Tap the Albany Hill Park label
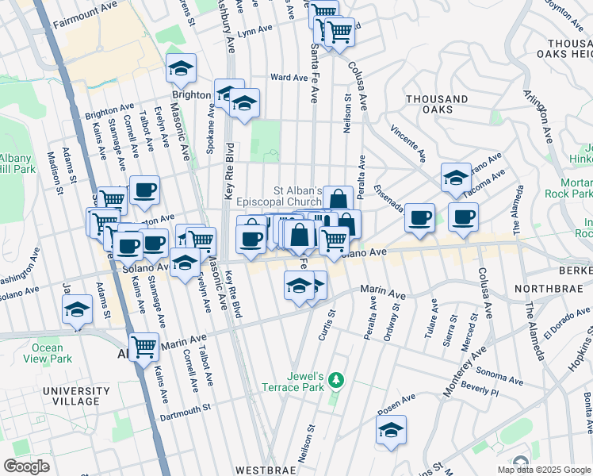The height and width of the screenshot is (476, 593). [x=16, y=163]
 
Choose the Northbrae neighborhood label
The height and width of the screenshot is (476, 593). [x=552, y=289]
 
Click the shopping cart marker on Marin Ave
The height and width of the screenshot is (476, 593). [x=143, y=345]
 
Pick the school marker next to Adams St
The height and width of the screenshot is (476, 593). [x=78, y=308]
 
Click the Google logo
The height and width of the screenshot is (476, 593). [x=27, y=466]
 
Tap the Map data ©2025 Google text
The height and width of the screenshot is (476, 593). [x=543, y=470]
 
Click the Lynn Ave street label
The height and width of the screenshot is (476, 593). [x=254, y=30]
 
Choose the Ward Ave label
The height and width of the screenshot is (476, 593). [x=289, y=78]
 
